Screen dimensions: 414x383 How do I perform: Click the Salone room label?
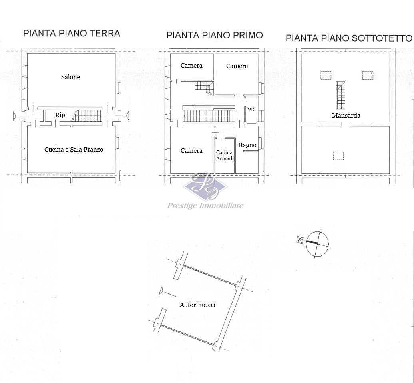(70, 77)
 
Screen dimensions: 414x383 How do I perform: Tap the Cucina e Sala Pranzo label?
(74, 149)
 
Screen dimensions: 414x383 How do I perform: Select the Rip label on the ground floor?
(60, 115)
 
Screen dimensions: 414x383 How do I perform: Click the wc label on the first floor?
(251, 109)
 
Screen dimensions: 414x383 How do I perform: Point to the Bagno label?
(247, 145)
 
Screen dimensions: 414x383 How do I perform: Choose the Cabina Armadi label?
(225, 156)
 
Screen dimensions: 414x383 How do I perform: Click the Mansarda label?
(346, 115)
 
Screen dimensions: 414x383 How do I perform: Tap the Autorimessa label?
(197, 305)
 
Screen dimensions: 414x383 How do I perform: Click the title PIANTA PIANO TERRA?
(72, 33)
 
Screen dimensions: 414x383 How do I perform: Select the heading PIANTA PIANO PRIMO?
(215, 35)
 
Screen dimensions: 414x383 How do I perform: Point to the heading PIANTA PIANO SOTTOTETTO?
(349, 38)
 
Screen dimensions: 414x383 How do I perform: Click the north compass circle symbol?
(317, 244)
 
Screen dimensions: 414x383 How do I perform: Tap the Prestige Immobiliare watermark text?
(205, 206)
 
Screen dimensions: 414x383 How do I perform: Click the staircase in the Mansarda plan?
(340, 95)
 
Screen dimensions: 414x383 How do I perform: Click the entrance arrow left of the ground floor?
(15, 116)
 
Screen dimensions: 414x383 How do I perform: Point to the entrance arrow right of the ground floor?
(127, 116)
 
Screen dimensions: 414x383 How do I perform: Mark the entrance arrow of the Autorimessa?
(161, 291)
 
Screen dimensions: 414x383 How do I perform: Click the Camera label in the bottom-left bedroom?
(191, 151)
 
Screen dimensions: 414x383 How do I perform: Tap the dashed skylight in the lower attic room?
(338, 156)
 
